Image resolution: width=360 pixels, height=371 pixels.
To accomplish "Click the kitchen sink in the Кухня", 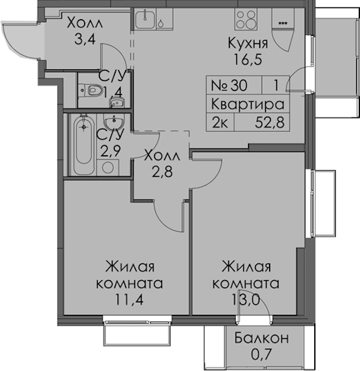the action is (145, 20).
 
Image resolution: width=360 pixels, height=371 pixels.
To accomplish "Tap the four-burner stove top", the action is (246, 20).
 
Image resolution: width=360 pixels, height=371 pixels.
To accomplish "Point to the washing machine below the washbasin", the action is (108, 168).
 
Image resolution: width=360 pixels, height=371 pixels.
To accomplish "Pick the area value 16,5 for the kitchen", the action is (248, 59).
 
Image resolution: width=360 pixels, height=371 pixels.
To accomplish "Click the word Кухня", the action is (248, 43).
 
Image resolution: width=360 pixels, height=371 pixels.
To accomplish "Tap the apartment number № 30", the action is (229, 85).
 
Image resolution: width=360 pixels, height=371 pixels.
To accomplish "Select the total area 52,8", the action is (270, 122).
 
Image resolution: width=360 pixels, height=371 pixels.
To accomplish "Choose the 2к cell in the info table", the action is (220, 122).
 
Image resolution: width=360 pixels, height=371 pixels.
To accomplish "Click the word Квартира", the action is (247, 104).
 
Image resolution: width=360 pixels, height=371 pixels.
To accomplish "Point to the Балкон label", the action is (262, 338).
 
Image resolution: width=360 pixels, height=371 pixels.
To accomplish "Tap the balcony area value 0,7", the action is (261, 354).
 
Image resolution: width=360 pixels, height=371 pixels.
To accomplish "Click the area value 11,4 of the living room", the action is (129, 300).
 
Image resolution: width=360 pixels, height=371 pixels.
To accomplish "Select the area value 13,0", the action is (246, 300).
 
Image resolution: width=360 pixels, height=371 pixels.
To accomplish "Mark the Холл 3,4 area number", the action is (85, 40).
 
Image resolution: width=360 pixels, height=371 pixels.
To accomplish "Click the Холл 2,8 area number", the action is (162, 172).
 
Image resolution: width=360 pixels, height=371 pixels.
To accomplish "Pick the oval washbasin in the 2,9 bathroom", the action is (114, 121).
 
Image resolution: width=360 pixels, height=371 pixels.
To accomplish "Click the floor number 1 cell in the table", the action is (275, 85).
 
